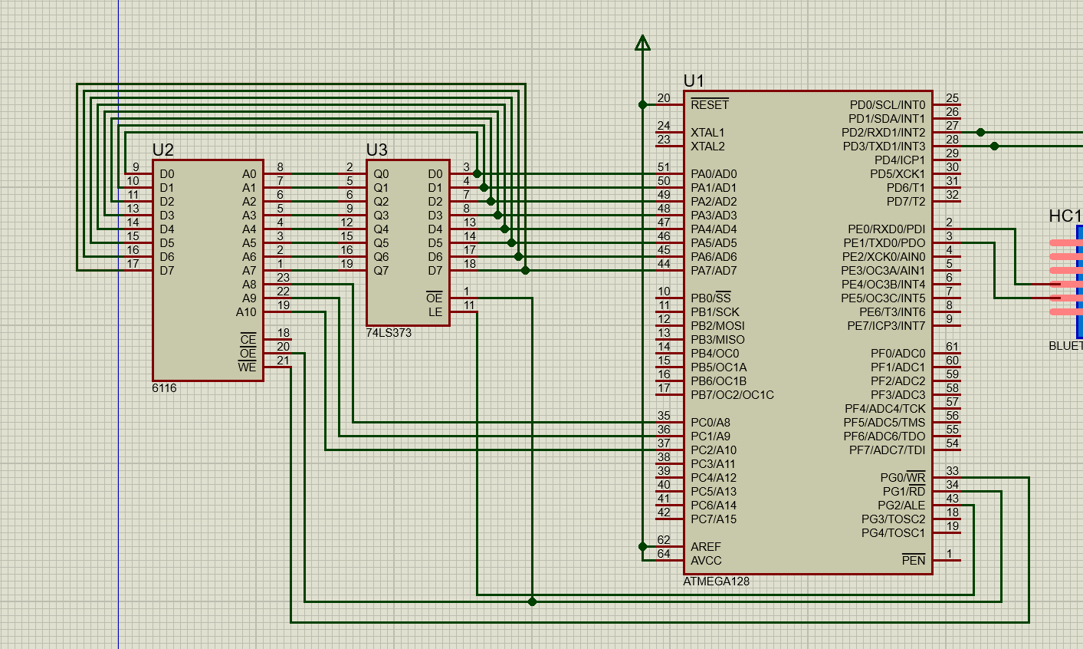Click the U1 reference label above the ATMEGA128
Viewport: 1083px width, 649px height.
693,81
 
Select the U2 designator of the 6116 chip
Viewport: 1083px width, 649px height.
162,150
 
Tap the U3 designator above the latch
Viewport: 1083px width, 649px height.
376,150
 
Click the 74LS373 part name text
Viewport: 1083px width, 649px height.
389,333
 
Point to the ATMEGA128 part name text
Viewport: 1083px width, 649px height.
716,581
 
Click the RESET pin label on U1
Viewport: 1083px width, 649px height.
709,105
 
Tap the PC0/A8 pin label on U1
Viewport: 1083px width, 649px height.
710,423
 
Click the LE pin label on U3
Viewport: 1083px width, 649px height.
435,312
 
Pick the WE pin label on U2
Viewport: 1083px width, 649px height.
248,367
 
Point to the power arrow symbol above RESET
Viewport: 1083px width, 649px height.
642,43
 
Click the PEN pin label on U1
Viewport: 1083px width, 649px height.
914,561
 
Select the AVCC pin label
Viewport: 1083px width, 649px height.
706,561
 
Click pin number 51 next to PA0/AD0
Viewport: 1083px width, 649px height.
664,167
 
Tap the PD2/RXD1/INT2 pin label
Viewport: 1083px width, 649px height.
883,133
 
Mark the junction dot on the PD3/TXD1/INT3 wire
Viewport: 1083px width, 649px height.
994,146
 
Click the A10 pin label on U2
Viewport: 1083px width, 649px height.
246,312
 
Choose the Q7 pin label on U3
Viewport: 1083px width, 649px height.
381,271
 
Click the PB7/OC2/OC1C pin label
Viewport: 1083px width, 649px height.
732,395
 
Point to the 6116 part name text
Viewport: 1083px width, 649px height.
164,388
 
